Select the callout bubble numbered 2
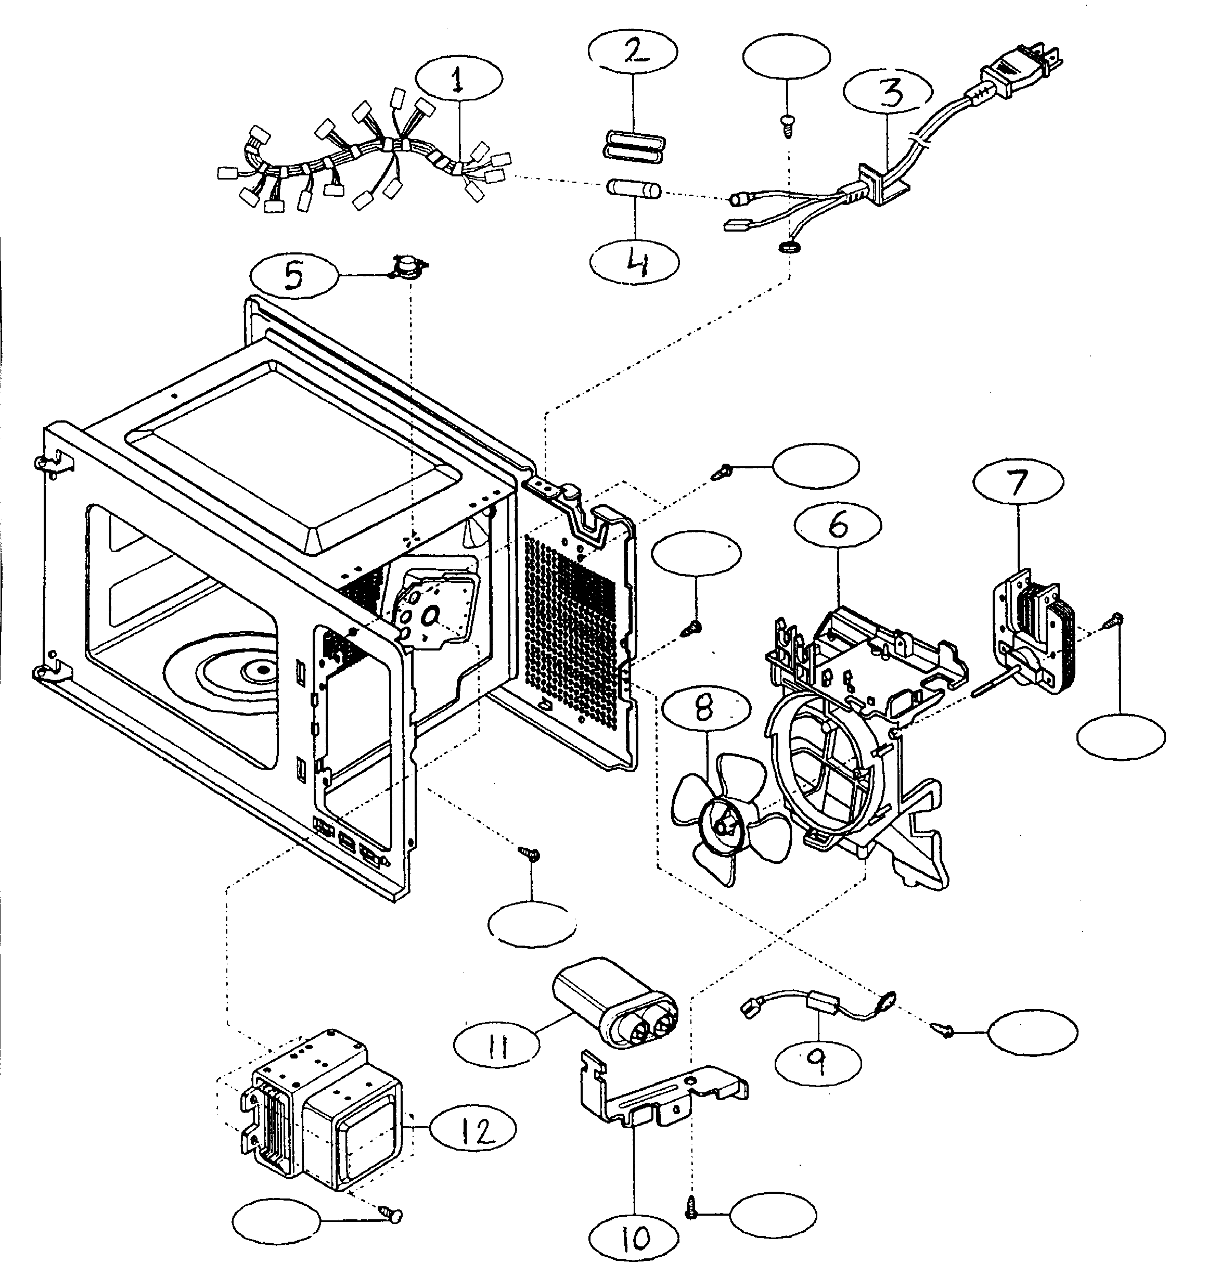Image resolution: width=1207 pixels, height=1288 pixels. (x=634, y=50)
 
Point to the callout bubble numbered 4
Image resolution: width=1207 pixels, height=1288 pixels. (x=635, y=262)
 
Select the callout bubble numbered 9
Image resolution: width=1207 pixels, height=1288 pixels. (x=818, y=1063)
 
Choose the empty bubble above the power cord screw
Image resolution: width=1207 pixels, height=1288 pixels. (x=786, y=57)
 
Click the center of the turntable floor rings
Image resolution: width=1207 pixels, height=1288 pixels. (x=262, y=669)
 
